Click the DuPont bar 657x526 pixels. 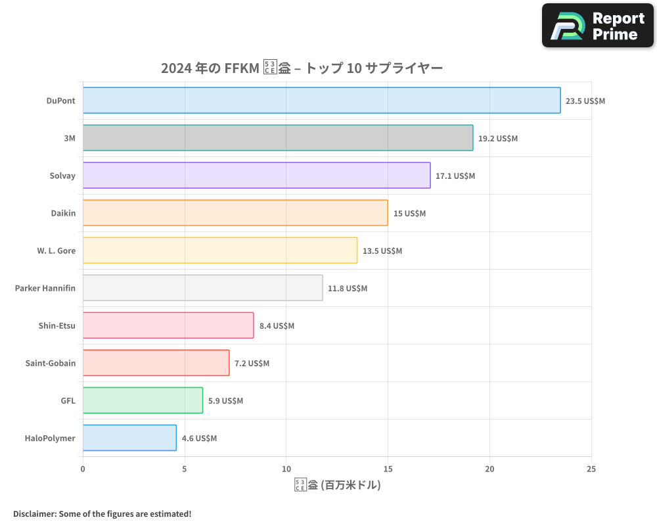[x=321, y=101]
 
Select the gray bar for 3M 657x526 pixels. [x=278, y=138]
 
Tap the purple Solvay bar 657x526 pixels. [x=256, y=176]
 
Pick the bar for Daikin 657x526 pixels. [x=235, y=213]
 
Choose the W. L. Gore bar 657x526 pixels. [x=220, y=251]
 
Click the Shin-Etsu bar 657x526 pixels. [x=168, y=325]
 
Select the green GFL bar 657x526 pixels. [x=143, y=400]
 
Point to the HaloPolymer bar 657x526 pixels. [x=129, y=438]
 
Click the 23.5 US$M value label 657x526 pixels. [x=585, y=101]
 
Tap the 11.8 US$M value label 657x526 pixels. [x=348, y=289]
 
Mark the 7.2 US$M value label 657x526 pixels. [x=252, y=364]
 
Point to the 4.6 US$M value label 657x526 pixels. [x=199, y=439]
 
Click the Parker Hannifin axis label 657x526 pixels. [x=45, y=288]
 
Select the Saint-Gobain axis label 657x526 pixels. [x=50, y=363]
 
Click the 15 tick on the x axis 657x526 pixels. [x=388, y=469]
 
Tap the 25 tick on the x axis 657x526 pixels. [x=591, y=469]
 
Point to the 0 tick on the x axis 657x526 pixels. [x=83, y=469]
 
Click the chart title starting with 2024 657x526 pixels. [x=302, y=68]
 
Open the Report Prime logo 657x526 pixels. [x=597, y=26]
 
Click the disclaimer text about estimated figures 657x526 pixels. [x=102, y=514]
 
